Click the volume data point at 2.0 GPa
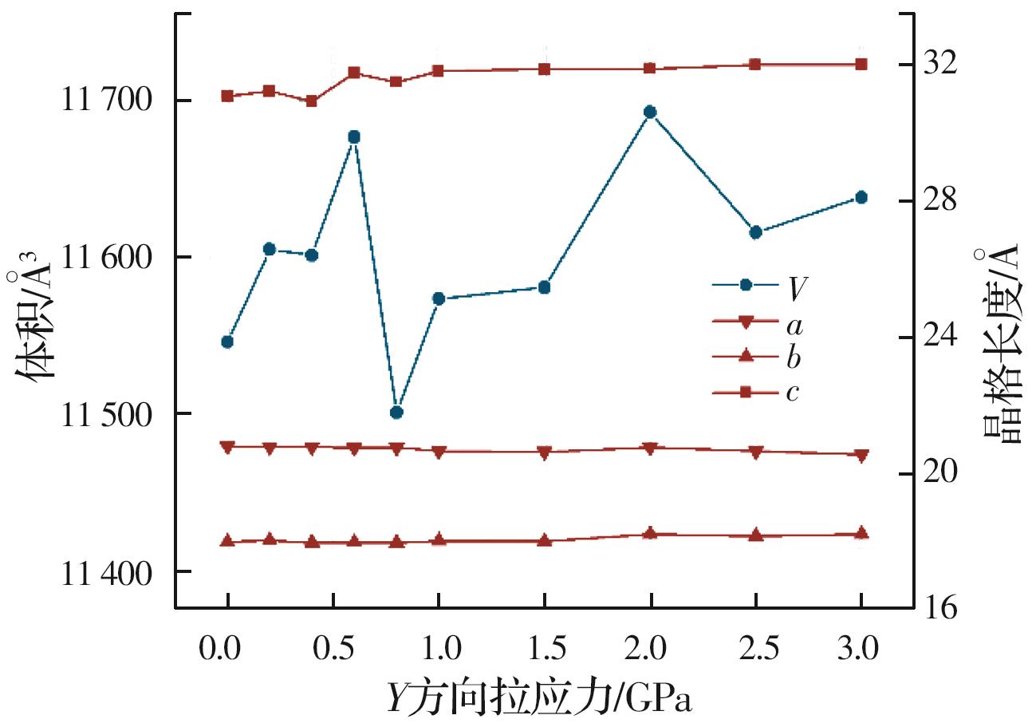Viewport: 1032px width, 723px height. pyautogui.click(x=650, y=113)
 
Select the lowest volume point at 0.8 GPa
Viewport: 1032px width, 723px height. pyautogui.click(x=396, y=413)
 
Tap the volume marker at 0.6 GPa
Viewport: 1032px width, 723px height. pyautogui.click(x=354, y=137)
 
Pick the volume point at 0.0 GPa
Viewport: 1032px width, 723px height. pyautogui.click(x=227, y=342)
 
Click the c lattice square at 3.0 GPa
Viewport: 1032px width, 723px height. pyautogui.click(x=861, y=65)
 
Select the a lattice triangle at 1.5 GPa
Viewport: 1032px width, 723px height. pyautogui.click(x=544, y=452)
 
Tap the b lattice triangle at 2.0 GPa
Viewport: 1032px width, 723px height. pyautogui.click(x=650, y=533)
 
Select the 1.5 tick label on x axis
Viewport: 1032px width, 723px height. pyautogui.click(x=544, y=647)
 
